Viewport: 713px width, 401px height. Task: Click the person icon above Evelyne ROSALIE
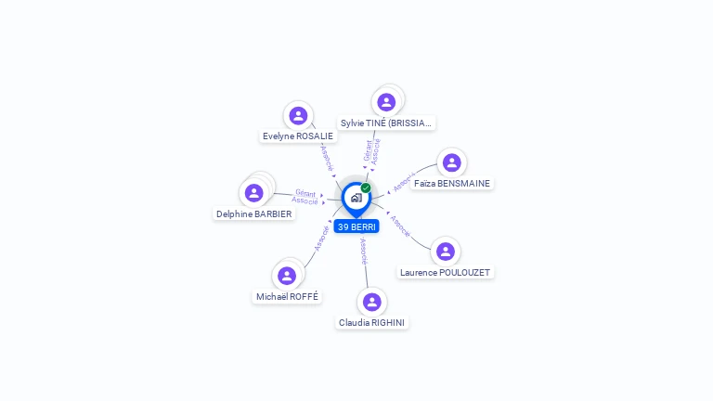coord(298,115)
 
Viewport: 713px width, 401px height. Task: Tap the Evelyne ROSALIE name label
coord(298,136)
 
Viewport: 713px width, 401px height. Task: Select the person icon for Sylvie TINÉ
coord(386,102)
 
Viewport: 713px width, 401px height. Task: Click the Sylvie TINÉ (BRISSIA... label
coord(386,123)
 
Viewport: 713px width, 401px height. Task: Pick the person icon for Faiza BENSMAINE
coord(452,162)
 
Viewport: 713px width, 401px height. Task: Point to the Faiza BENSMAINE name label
coord(452,183)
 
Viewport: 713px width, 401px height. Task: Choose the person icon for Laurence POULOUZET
coord(446,252)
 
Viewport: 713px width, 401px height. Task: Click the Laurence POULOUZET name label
coord(446,272)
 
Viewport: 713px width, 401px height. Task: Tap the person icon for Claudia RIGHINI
coord(372,302)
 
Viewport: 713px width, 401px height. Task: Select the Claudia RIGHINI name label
coord(372,322)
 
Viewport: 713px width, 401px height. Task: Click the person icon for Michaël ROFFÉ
coord(287,276)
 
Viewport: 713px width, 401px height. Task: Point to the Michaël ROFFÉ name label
coord(287,296)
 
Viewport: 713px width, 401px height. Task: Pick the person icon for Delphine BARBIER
coord(253,193)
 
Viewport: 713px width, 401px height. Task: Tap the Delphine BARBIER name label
coord(253,213)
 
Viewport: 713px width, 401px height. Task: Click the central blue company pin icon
coord(356,198)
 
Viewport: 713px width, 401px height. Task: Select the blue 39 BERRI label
coord(356,226)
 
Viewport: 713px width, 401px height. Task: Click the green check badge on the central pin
coord(366,188)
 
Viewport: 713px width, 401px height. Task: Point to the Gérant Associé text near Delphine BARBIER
coord(305,197)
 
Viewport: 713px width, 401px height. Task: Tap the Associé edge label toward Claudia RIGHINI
coord(364,251)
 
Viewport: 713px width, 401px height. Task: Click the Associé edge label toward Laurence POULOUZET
coord(400,226)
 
